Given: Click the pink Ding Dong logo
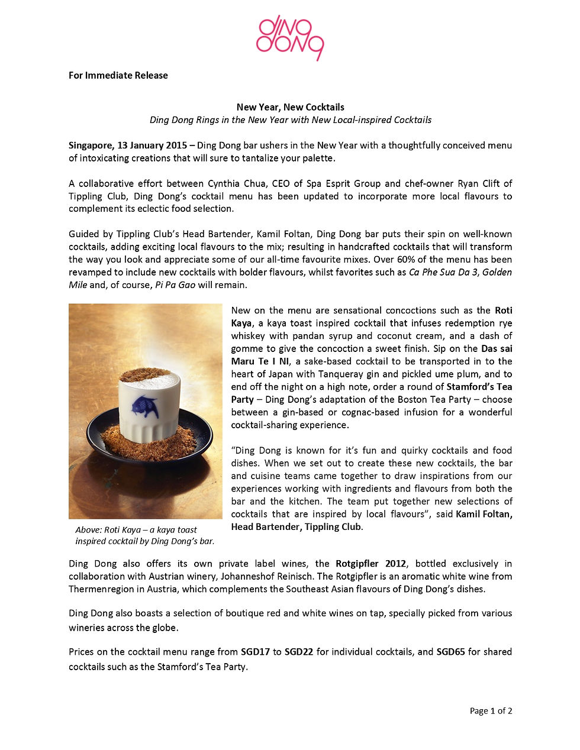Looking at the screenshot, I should tap(290, 37).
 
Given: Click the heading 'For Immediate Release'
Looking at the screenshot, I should tap(118, 75).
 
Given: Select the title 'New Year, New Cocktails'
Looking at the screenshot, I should tap(290, 107).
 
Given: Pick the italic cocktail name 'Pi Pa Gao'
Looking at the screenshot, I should tap(175, 285).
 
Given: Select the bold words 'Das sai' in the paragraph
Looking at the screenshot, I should tap(497, 348).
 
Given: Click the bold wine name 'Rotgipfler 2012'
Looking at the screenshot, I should tap(370, 563).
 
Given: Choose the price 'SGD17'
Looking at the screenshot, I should tap(255, 652).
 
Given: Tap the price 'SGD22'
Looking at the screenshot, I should tap(299, 652).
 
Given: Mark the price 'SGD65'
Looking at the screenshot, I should tap(450, 652).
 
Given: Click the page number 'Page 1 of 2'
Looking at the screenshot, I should tap(491, 711).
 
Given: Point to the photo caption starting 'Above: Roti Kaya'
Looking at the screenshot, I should tap(144, 535).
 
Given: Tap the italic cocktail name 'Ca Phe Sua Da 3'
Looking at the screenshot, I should tap(443, 272).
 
